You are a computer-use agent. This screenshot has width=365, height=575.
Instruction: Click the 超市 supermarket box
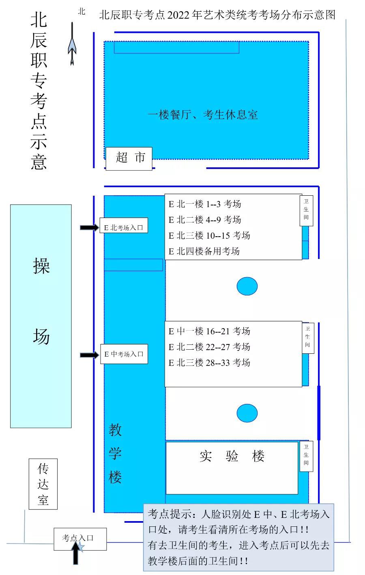pos(129,158)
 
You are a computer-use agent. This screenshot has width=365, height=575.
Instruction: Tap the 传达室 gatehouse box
pos(43,484)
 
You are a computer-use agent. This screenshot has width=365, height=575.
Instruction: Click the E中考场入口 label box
pos(124,354)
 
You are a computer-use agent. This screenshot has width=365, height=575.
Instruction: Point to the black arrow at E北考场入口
pos(89,228)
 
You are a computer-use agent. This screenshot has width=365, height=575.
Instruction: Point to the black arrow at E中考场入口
pos(89,355)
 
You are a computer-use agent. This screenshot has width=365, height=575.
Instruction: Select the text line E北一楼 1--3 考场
pos(205,204)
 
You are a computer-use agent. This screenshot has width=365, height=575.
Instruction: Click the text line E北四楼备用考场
pos(204,251)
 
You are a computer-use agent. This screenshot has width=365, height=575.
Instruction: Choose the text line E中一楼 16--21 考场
pos(209,331)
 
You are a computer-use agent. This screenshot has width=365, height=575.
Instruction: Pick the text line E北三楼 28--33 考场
pos(209,363)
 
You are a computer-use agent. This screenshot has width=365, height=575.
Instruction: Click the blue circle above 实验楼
pos(247,413)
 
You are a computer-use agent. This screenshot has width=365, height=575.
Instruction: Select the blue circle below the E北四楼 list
pos(247,286)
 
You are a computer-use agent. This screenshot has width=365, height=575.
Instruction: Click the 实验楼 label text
pos(232,456)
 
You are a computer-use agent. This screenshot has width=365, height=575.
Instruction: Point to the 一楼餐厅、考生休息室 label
pos(203,115)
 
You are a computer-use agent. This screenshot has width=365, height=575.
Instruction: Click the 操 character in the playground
pos(41,266)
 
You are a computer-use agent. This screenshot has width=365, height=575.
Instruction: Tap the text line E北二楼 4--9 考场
pos(205,220)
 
